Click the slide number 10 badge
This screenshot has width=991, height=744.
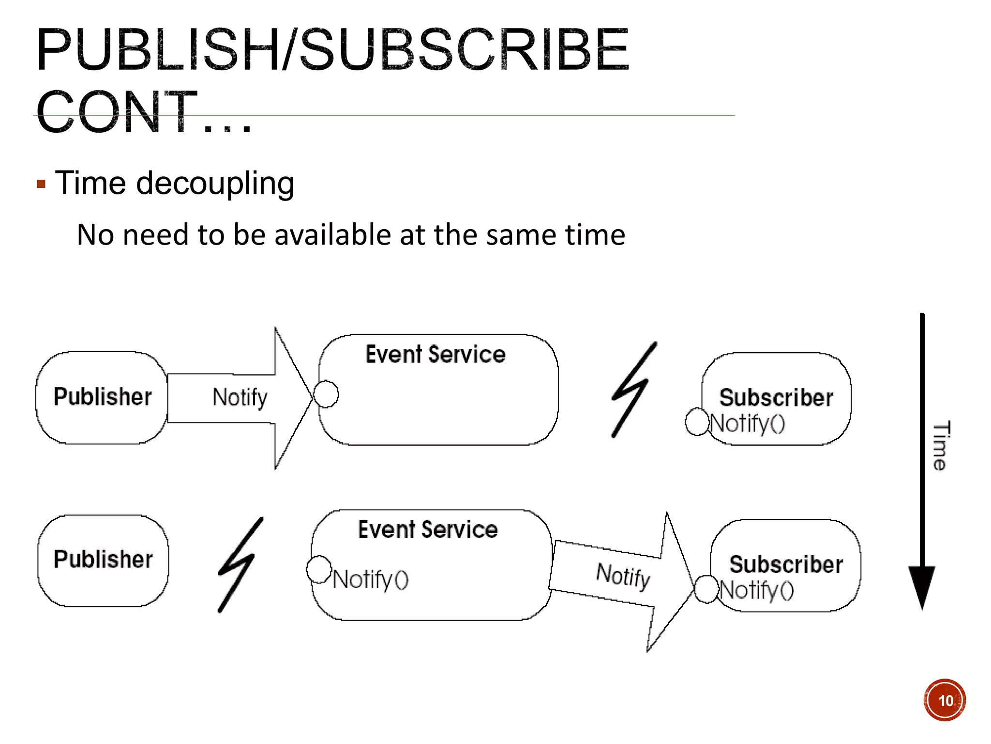[x=945, y=700]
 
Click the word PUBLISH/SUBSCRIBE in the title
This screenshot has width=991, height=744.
[x=333, y=49]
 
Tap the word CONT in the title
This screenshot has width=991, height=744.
[x=118, y=112]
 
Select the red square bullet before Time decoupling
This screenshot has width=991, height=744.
[x=41, y=185]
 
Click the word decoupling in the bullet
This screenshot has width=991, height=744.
[x=215, y=184]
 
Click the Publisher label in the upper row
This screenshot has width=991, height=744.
[x=102, y=397]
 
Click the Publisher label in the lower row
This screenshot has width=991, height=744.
[x=103, y=559]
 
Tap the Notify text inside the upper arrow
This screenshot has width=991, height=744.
[x=240, y=397]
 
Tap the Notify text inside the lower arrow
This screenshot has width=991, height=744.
[x=623, y=575]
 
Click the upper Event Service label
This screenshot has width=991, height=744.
[x=435, y=354]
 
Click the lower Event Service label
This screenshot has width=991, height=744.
[x=428, y=529]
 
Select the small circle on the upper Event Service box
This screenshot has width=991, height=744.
[x=326, y=394]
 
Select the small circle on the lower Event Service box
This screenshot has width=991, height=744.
[x=319, y=569]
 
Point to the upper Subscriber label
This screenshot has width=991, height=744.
[x=776, y=398]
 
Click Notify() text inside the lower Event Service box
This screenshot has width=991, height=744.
[x=371, y=579]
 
